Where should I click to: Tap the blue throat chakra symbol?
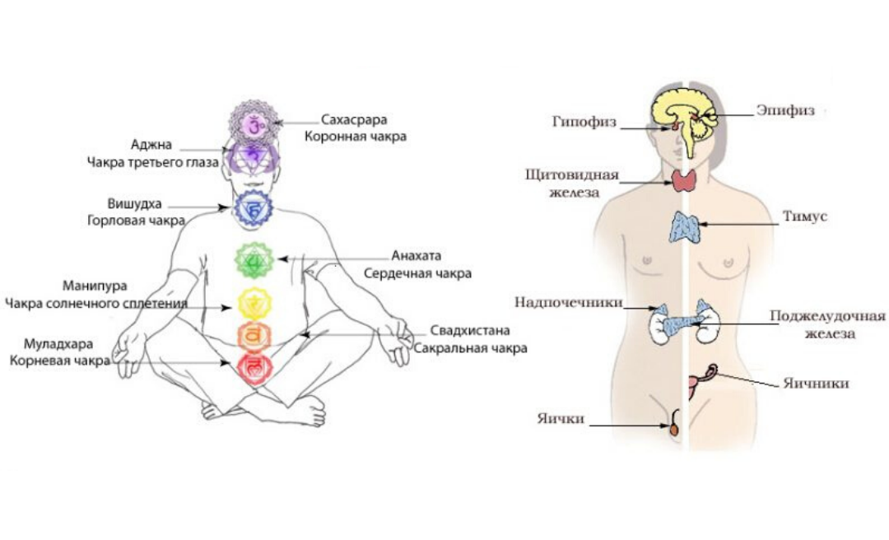[253, 210]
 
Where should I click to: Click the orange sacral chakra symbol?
[253, 335]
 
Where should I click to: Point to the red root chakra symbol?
[253, 365]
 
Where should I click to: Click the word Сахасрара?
[355, 120]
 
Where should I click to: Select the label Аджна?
[151, 145]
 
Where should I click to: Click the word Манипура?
[95, 286]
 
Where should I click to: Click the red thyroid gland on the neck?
[683, 181]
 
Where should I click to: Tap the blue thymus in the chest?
[684, 227]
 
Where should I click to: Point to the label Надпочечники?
[568, 302]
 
